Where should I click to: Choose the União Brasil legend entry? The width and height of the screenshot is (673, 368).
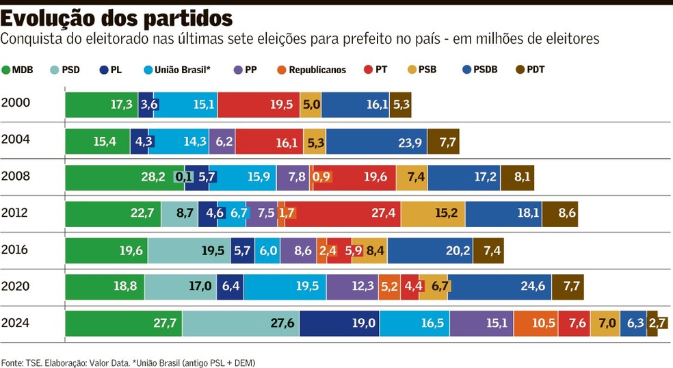pos(177,70)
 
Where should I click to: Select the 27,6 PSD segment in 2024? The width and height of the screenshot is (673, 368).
pos(241,324)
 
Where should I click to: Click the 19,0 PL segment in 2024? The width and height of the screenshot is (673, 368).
pos(339,324)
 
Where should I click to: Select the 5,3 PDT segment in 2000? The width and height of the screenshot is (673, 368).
pos(401,105)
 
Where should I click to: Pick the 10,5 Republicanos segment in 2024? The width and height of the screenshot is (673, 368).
pos(536,324)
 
